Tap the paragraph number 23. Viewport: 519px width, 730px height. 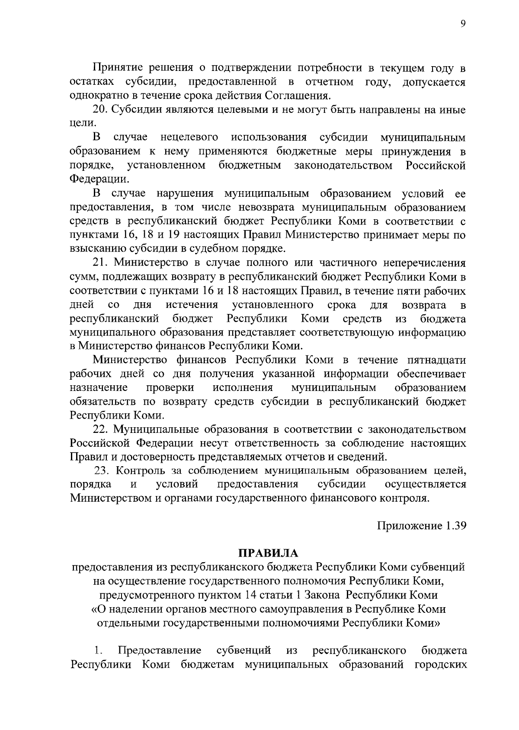coord(102,471)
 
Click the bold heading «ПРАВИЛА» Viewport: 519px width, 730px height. coord(269,554)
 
